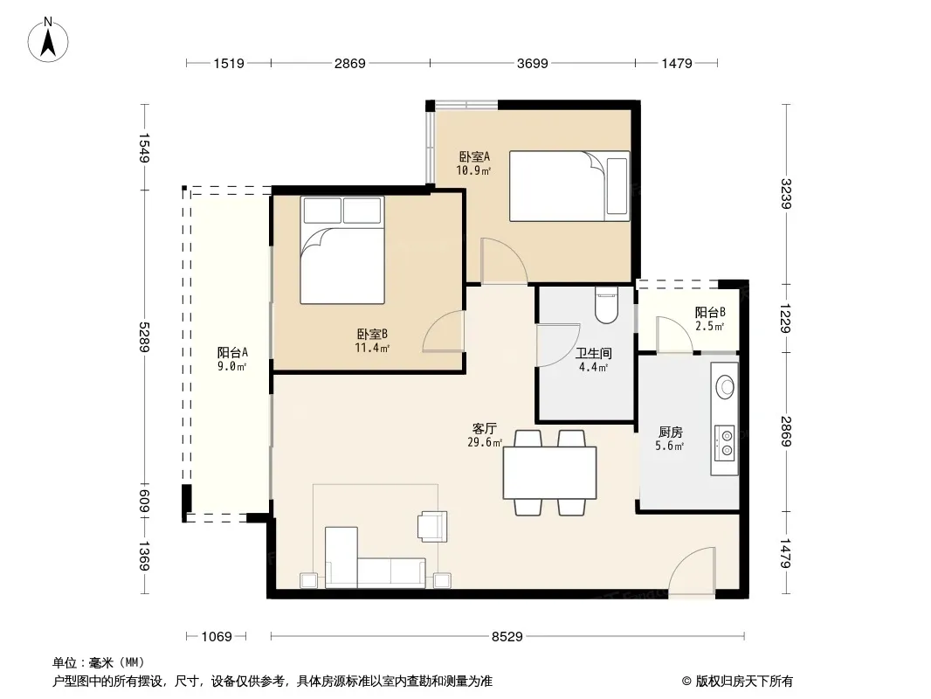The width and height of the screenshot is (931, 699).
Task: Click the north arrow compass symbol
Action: pyautogui.click(x=48, y=41)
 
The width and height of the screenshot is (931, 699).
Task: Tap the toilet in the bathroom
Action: pyautogui.click(x=606, y=305)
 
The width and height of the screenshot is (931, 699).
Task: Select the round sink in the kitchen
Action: pyautogui.click(x=725, y=387)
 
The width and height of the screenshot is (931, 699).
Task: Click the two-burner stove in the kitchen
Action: pyautogui.click(x=725, y=443)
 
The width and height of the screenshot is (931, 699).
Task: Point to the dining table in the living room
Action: pyautogui.click(x=550, y=473)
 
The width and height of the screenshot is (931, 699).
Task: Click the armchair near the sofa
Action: pyautogui.click(x=432, y=526)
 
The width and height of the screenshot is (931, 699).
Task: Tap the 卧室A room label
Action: pyautogui.click(x=474, y=156)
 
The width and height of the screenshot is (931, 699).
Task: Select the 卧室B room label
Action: pyautogui.click(x=372, y=335)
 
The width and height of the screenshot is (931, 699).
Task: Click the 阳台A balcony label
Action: pyautogui.click(x=232, y=353)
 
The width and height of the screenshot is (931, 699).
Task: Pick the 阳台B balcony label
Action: pyautogui.click(x=710, y=313)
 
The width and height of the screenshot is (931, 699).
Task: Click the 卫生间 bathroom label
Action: pyautogui.click(x=593, y=353)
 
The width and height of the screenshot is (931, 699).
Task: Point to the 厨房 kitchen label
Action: pyautogui.click(x=671, y=432)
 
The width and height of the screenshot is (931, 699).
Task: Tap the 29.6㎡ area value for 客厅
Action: pyautogui.click(x=485, y=442)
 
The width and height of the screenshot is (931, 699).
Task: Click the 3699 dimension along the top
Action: pyautogui.click(x=532, y=63)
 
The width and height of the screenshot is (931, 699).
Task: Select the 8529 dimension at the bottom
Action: pyautogui.click(x=507, y=637)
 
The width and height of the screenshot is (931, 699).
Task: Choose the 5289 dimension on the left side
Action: pyautogui.click(x=144, y=336)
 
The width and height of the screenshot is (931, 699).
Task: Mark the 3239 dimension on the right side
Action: pyautogui.click(x=786, y=194)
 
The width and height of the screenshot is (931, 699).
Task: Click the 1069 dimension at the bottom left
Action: pyautogui.click(x=216, y=637)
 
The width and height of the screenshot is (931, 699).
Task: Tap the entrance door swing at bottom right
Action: pyautogui.click(x=692, y=571)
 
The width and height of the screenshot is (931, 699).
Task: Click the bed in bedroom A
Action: pyautogui.click(x=569, y=186)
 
